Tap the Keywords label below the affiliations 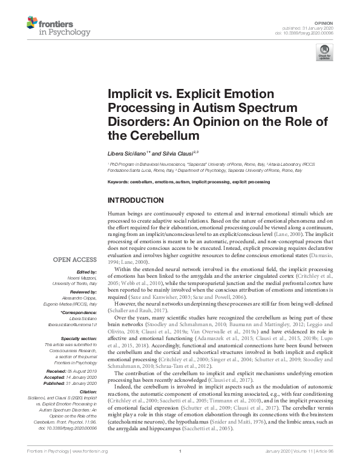click(x=120, y=182)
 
